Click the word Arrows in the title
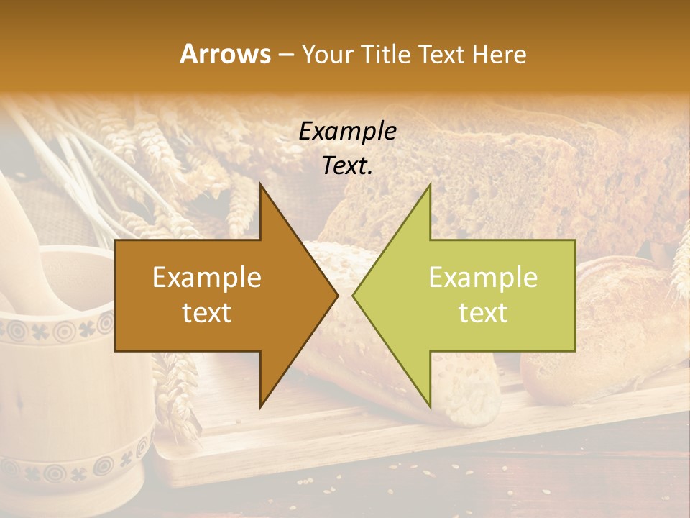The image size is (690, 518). [225, 54]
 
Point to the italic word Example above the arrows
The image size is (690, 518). [347, 132]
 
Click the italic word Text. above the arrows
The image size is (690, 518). [347, 165]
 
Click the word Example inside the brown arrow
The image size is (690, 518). [207, 278]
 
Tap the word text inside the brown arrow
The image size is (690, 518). [207, 312]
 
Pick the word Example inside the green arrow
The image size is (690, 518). [483, 278]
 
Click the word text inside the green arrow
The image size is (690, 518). [483, 312]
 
